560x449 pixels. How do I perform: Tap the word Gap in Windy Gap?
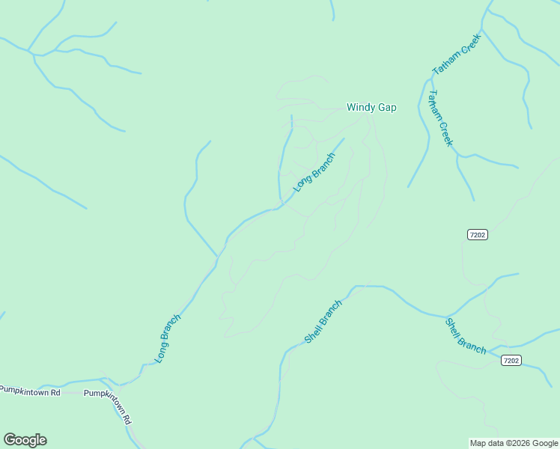tap(386, 108)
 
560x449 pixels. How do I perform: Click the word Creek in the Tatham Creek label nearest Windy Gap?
tap(445, 134)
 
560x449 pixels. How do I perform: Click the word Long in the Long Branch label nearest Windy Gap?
tap(302, 182)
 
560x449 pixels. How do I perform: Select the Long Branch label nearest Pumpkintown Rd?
tap(168, 339)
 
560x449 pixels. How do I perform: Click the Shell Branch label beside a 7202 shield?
tap(466, 336)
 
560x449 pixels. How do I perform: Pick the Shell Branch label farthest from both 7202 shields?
tap(323, 322)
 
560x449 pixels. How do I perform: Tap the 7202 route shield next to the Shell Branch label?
tap(511, 361)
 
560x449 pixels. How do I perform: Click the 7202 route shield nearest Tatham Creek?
tap(478, 235)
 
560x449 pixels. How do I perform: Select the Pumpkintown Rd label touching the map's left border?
tap(30, 390)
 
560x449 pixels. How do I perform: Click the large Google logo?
tap(25, 440)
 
